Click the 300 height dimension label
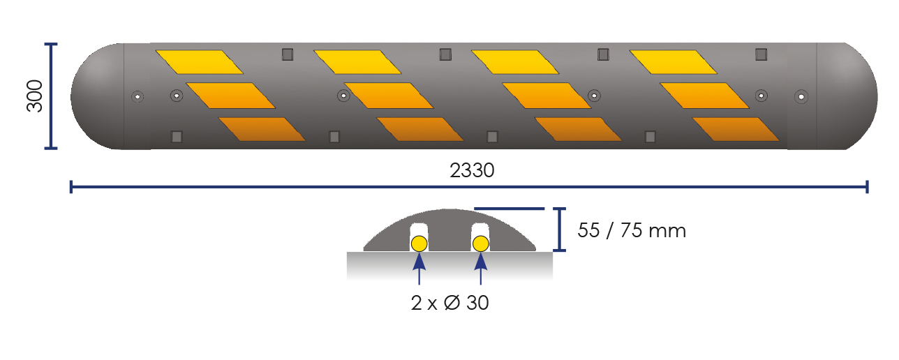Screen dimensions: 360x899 (x=35, y=96)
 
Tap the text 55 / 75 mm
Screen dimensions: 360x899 (x=631, y=230)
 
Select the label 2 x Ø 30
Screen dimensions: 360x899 (x=450, y=303)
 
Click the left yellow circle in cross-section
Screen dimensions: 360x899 (x=419, y=243)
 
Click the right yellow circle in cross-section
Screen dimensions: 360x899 (x=480, y=243)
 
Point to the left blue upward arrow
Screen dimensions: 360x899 (x=419, y=267)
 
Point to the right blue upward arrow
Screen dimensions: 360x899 (x=480, y=267)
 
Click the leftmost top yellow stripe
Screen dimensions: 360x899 (x=199, y=61)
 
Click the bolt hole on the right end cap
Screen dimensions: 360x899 (x=801, y=96)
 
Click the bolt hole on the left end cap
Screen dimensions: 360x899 (x=137, y=96)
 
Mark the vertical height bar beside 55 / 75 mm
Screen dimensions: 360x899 (x=559, y=229)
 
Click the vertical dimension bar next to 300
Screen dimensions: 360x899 (x=50, y=96)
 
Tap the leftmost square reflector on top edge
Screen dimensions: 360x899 (x=286, y=55)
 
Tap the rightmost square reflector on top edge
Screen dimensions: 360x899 (x=761, y=54)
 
